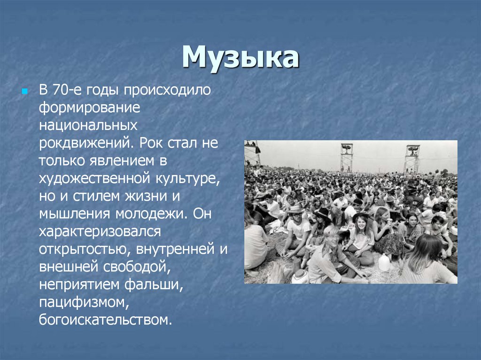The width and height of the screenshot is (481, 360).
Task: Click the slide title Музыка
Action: [240, 58]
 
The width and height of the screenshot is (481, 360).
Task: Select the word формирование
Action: [90, 107]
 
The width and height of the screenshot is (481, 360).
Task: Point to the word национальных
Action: [88, 125]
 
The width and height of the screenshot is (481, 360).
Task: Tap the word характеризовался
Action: [100, 232]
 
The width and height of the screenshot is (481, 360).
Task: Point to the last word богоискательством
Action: [104, 321]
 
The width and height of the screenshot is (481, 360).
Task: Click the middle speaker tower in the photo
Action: [347, 158]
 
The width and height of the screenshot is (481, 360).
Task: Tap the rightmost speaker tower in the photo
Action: [412, 159]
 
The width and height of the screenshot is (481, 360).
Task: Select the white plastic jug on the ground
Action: [384, 263]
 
